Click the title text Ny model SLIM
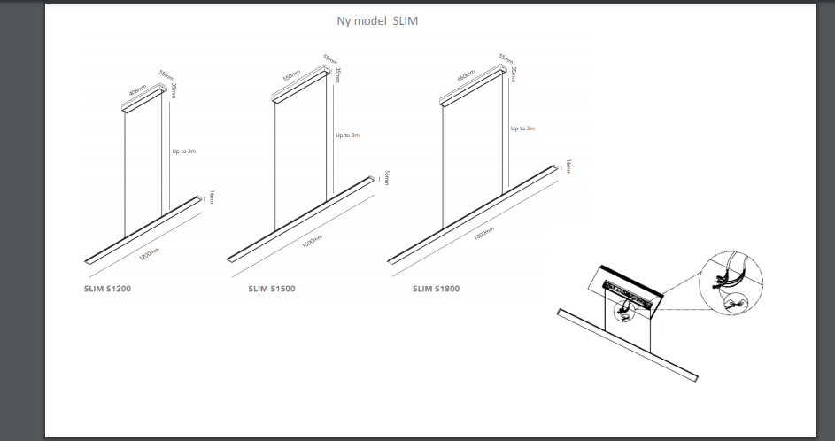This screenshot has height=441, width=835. [376, 21]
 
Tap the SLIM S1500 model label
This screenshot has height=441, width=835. [273, 289]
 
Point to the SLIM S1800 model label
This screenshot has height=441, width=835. [436, 289]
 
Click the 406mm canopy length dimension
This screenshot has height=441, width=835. [137, 90]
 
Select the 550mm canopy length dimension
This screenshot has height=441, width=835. [291, 75]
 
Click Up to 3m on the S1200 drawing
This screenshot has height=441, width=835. [183, 151]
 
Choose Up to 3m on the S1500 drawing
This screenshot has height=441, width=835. [347, 135]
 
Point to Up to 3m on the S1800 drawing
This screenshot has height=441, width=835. [522, 128]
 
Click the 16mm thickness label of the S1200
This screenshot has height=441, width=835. [212, 197]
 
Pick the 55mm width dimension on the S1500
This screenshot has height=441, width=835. [329, 63]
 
